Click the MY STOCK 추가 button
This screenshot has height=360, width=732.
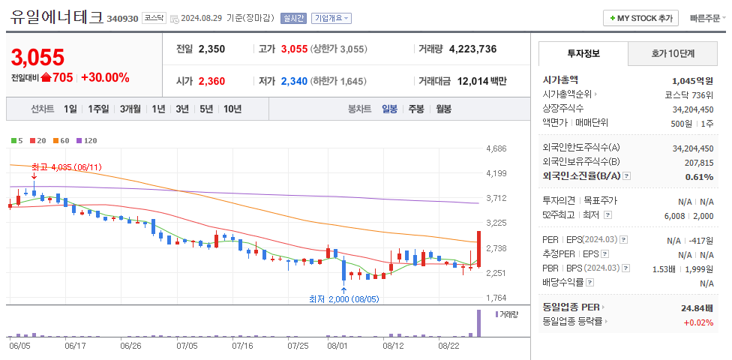tap(640, 18)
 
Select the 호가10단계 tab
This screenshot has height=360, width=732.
tap(673, 53)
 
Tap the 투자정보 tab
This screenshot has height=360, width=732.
tap(583, 53)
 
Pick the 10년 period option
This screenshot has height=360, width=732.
tap(232, 109)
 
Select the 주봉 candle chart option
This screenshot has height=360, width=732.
tap(415, 109)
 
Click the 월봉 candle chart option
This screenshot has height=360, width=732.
tap(443, 109)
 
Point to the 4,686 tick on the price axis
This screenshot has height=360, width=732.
tap(496, 148)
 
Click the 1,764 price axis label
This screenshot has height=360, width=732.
tap(496, 298)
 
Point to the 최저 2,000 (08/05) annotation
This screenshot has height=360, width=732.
tap(344, 298)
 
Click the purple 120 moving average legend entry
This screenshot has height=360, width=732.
tap(87, 140)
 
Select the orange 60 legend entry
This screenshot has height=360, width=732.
tap(61, 140)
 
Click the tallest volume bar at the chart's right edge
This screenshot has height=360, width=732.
tap(478, 323)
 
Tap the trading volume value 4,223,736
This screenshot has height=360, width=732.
tap(472, 49)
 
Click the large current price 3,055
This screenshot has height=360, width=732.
tap(37, 57)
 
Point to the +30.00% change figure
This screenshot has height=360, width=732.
tap(105, 77)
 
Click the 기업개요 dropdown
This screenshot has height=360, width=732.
tap(331, 18)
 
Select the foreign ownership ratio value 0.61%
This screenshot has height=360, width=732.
tap(699, 177)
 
